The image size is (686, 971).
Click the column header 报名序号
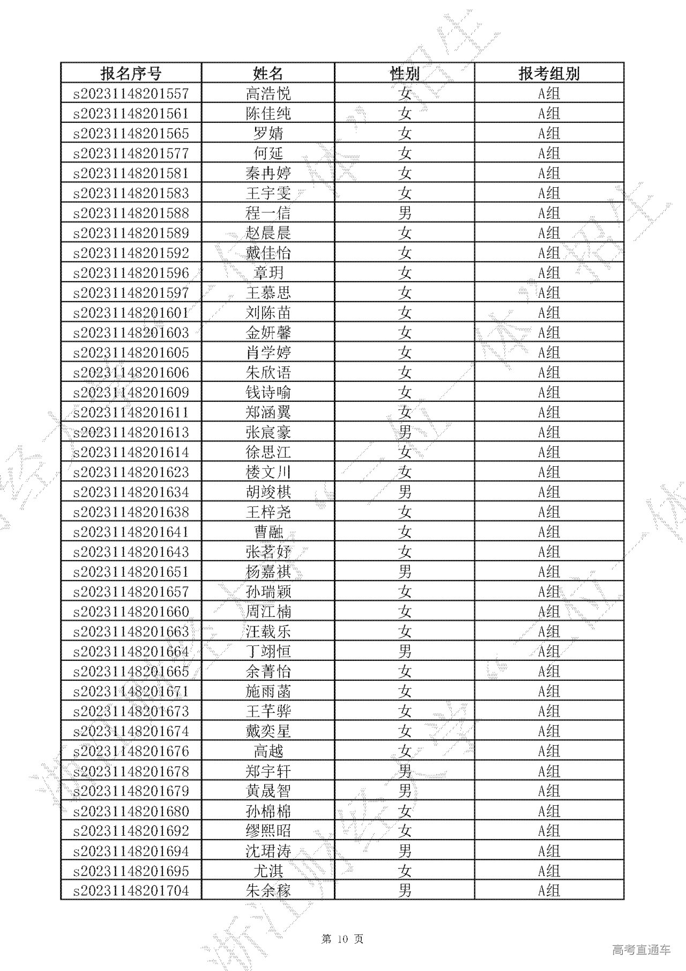(x=131, y=73)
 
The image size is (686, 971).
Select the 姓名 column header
(x=268, y=73)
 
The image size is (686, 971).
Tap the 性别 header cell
(x=405, y=73)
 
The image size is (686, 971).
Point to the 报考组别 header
(x=549, y=73)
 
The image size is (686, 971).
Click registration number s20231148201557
(x=131, y=93)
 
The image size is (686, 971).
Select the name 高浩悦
(x=268, y=93)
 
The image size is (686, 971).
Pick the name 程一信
(x=268, y=213)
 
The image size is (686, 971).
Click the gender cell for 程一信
(x=405, y=213)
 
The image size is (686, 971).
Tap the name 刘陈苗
(x=268, y=312)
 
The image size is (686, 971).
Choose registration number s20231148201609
(x=131, y=392)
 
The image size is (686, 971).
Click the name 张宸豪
(x=268, y=432)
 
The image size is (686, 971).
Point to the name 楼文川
(x=268, y=472)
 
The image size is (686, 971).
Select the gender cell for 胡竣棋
(x=405, y=492)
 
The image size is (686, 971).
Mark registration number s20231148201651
(x=131, y=571)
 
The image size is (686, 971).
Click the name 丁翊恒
(x=268, y=651)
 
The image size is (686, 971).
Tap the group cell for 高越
(x=549, y=751)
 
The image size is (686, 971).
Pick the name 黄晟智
(x=268, y=791)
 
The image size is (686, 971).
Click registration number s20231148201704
(x=131, y=891)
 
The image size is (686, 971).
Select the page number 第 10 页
(x=342, y=938)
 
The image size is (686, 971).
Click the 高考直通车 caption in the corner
(x=640, y=950)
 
